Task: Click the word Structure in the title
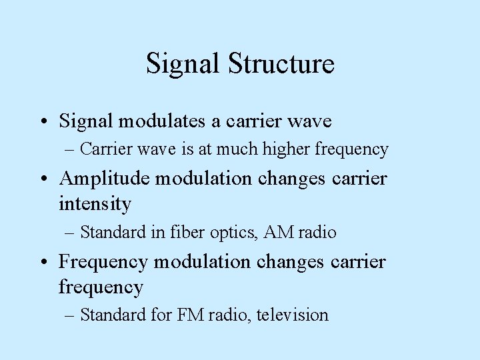[x=281, y=64]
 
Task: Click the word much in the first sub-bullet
[x=239, y=149]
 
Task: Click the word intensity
[x=95, y=204]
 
